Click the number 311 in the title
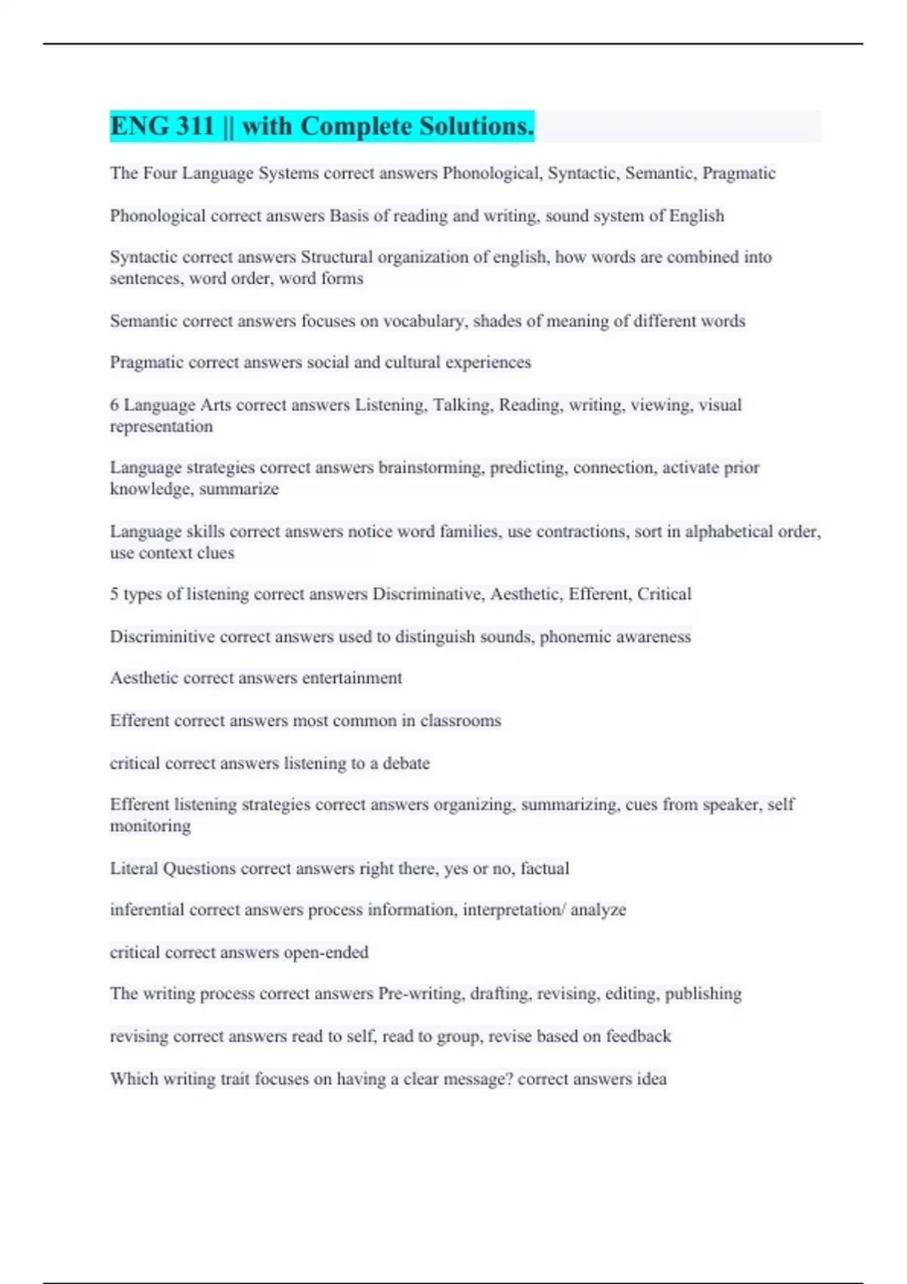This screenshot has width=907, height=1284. [x=195, y=126]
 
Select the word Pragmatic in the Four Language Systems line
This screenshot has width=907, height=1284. [x=738, y=174]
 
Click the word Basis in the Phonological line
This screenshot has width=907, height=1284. [x=349, y=216]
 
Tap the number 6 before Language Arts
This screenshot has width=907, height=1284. [x=114, y=405]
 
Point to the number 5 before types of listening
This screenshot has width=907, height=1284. [x=114, y=594]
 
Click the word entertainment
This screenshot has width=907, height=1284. [x=352, y=678]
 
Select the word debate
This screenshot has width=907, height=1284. [x=406, y=764]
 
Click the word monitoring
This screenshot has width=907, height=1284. [x=150, y=826]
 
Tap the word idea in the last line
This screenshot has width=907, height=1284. [x=652, y=1079]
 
